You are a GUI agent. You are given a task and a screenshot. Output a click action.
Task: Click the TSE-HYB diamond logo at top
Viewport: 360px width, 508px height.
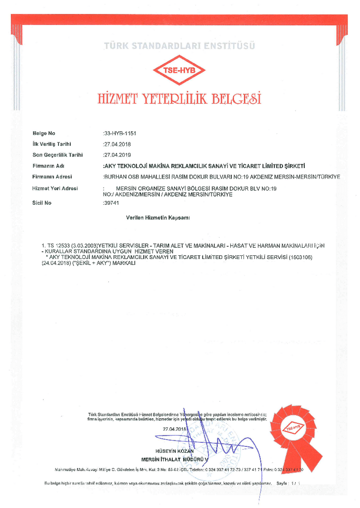(180, 70)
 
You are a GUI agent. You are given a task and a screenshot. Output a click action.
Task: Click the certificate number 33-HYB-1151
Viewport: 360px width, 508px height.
(120, 134)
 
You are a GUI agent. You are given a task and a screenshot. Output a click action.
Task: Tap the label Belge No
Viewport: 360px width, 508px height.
(44, 134)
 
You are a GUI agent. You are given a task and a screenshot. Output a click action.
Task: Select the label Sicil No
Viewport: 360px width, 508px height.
(42, 203)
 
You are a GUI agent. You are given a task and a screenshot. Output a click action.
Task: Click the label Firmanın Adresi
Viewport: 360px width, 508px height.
(52, 177)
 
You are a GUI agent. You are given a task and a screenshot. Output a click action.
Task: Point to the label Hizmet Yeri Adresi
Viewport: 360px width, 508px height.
(55, 188)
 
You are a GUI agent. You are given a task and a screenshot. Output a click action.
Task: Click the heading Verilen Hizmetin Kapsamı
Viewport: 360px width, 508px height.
(158, 218)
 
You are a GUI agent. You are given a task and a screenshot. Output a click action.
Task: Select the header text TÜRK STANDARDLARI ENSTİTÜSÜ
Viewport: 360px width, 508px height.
(180, 45)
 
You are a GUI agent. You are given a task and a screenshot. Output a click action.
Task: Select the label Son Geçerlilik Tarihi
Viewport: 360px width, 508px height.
(58, 155)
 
